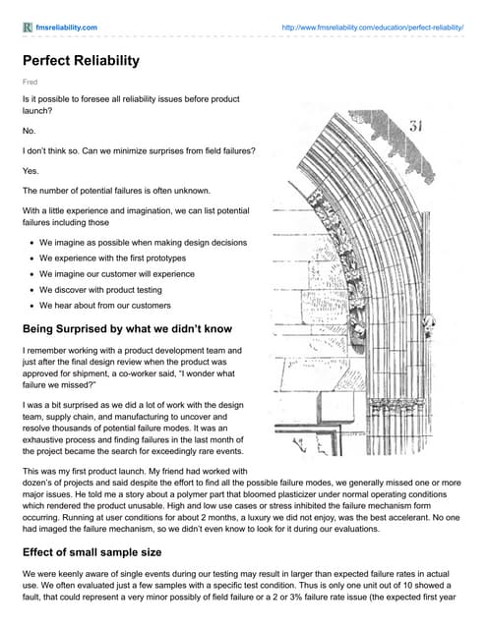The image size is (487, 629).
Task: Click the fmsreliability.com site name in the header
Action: [67, 28]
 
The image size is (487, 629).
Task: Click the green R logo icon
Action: [28, 28]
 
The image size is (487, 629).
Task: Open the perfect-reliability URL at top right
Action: [373, 28]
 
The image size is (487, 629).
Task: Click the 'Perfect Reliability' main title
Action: [81, 61]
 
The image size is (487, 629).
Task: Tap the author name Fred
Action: [30, 82]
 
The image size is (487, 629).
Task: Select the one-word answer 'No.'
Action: [29, 131]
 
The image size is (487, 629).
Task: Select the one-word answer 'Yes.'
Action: [30, 171]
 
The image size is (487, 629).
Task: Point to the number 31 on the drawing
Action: [416, 126]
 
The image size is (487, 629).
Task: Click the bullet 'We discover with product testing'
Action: [100, 290]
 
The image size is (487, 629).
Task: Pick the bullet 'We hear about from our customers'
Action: [105, 306]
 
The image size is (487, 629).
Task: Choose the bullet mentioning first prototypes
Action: [112, 257]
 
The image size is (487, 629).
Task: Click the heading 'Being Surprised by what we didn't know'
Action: [127, 329]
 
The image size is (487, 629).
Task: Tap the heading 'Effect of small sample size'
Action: [91, 552]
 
